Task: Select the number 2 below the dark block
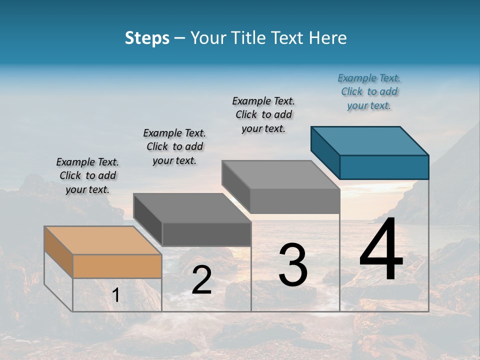201,280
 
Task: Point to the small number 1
116,295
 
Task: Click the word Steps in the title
147,38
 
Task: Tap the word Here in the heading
328,38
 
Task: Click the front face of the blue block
384,167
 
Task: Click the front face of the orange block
117,266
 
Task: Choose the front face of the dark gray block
206,234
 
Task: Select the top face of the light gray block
280,174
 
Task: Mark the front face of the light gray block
295,201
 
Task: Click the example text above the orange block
87,175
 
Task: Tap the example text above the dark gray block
174,146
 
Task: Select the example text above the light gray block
263,114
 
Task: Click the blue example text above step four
369,91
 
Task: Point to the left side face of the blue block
325,152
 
